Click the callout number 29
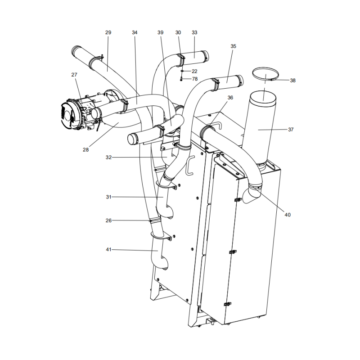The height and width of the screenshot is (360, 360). click(x=108, y=32)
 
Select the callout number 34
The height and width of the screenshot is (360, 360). click(x=135, y=32)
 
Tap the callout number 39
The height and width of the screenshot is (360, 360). click(x=161, y=32)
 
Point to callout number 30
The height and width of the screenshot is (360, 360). click(x=178, y=32)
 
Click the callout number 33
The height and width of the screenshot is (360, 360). click(x=194, y=32)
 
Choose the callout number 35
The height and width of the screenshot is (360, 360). click(x=233, y=46)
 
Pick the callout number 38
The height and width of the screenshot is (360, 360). click(x=292, y=81)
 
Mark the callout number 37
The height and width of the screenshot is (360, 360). click(x=291, y=130)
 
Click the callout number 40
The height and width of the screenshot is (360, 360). click(x=288, y=215)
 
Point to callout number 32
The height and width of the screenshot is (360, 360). click(x=108, y=157)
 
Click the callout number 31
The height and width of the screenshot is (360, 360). click(x=108, y=197)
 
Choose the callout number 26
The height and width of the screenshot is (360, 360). click(x=108, y=220)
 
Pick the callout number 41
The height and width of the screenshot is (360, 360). click(x=108, y=249)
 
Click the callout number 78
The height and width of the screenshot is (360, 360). click(x=194, y=79)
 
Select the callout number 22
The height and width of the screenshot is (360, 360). click(x=194, y=71)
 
